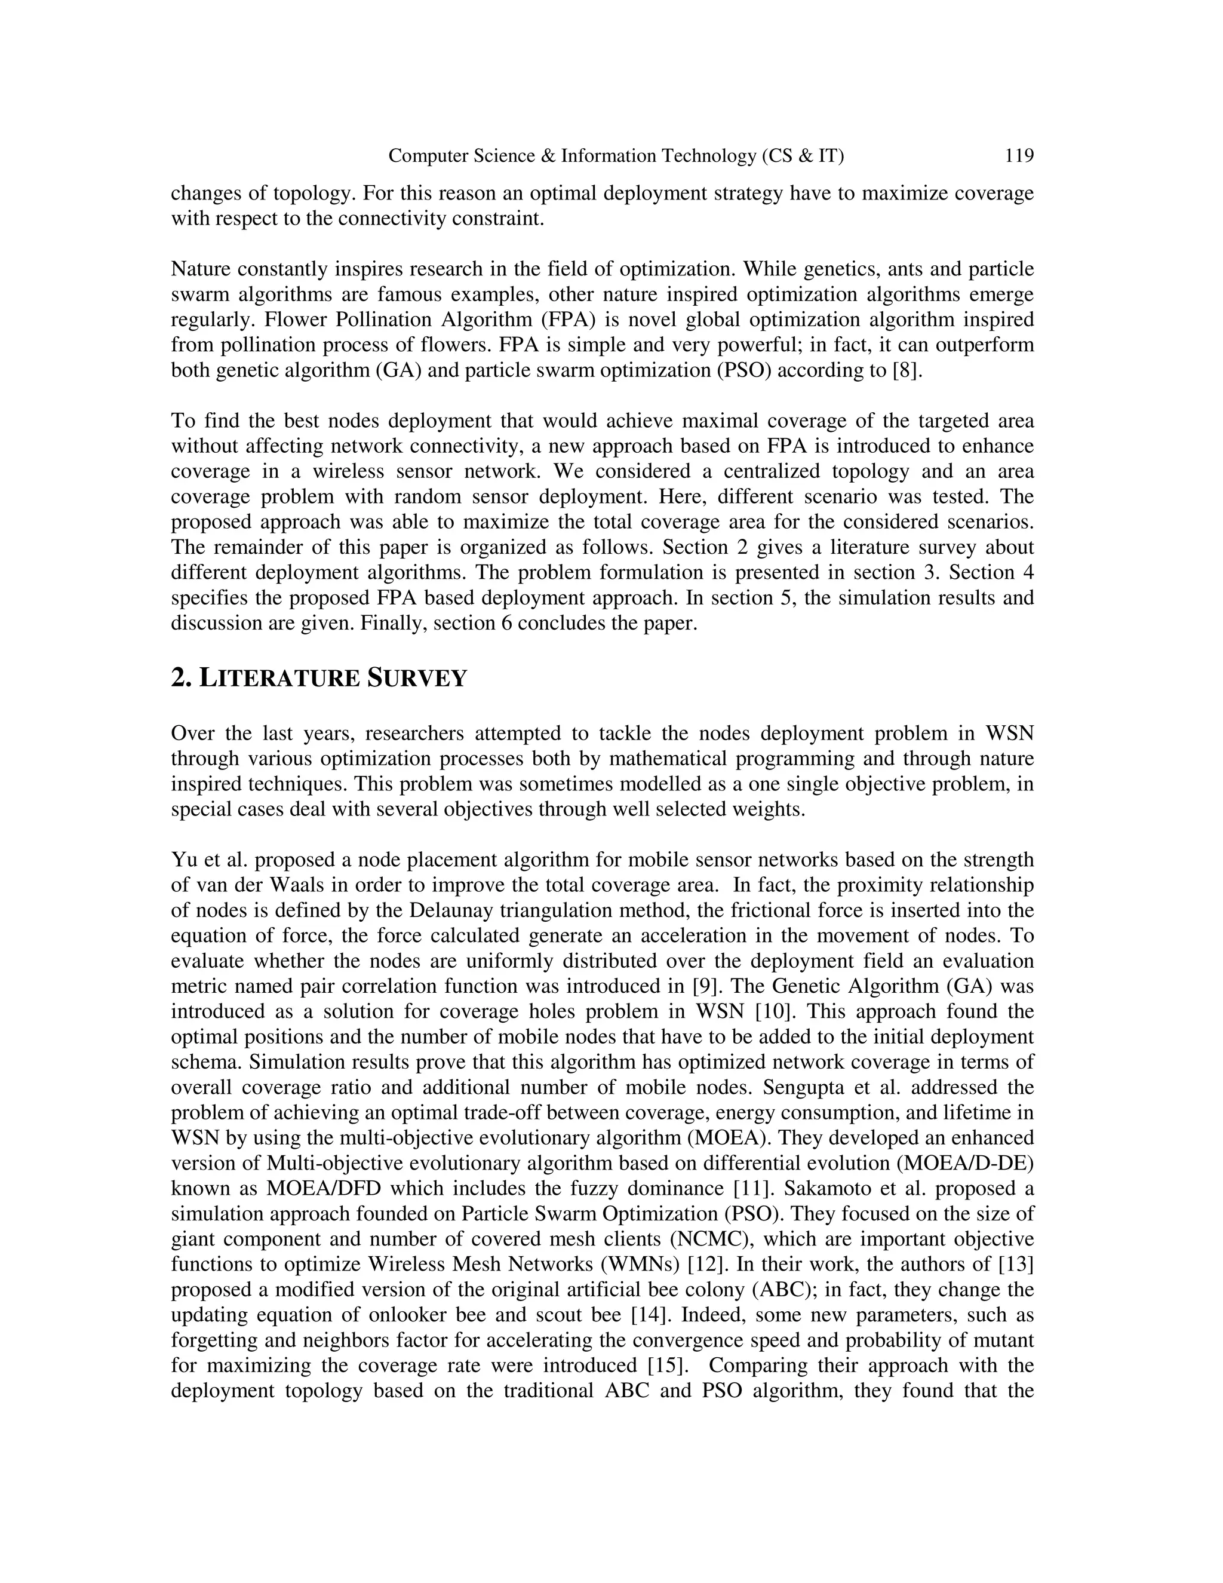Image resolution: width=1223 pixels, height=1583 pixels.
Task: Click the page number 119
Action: coord(1019,156)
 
